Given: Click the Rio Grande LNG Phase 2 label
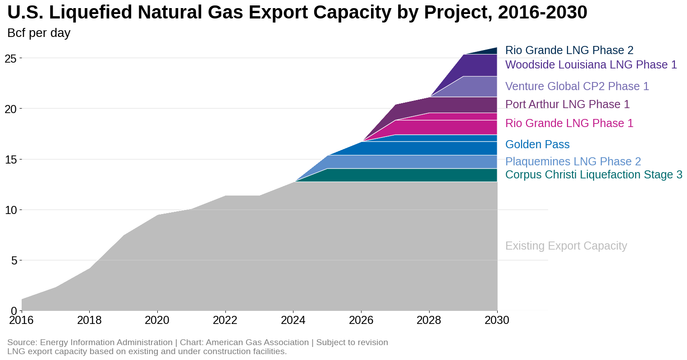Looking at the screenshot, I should [569, 50].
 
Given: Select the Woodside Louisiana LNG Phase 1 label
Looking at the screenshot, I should [591, 64].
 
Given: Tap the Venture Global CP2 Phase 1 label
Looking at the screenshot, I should [577, 86].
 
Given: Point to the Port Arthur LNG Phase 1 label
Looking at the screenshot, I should [567, 104].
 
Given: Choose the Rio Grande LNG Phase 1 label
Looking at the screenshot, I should [569, 123].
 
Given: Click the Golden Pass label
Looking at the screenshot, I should [537, 144].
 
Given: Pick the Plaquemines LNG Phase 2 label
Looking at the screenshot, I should [572, 161].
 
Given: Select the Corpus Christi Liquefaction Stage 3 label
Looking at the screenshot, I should [593, 174].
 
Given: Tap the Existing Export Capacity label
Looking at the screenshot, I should [566, 246].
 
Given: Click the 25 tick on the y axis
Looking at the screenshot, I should [11, 58].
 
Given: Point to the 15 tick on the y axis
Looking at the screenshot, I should [11, 159].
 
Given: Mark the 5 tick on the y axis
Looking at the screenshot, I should [14, 260].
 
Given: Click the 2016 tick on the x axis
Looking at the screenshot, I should [22, 320].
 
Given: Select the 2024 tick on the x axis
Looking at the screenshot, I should [293, 320].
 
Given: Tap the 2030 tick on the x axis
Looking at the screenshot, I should [497, 320].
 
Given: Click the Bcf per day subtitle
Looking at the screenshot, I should [39, 33].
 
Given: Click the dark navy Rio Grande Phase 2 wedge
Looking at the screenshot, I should [489, 51].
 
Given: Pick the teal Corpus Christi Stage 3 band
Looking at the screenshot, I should [428, 175].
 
